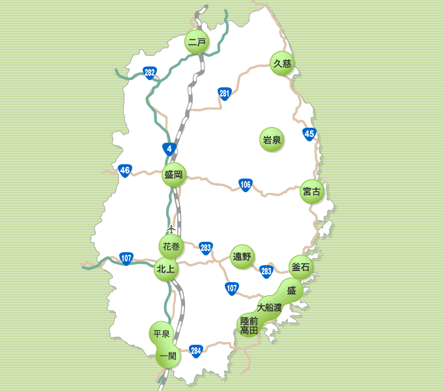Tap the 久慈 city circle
coord(282,63)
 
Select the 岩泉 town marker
coord(272,139)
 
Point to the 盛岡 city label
coord(174,175)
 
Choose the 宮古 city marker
coord(312,192)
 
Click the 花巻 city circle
coord(171,246)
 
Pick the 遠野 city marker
coord(242,256)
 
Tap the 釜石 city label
coord(301,267)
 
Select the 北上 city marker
coord(165,268)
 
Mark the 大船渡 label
coord(269,306)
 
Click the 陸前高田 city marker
coord(249,325)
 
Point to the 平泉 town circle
coord(161,334)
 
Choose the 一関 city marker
coord(167,355)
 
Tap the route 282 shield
coord(150,72)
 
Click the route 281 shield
coord(225,94)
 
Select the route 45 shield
coord(309,134)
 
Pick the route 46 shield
coord(125,171)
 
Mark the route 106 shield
coord(245,184)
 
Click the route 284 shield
coord(196,351)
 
